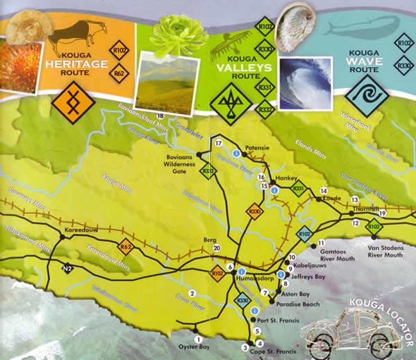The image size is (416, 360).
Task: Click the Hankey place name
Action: (x=287, y=179)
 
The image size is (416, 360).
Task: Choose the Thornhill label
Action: (x=368, y=209)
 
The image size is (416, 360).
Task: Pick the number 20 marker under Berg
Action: (x=216, y=248)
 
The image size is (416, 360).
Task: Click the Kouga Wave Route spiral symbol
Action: (x=367, y=94)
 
